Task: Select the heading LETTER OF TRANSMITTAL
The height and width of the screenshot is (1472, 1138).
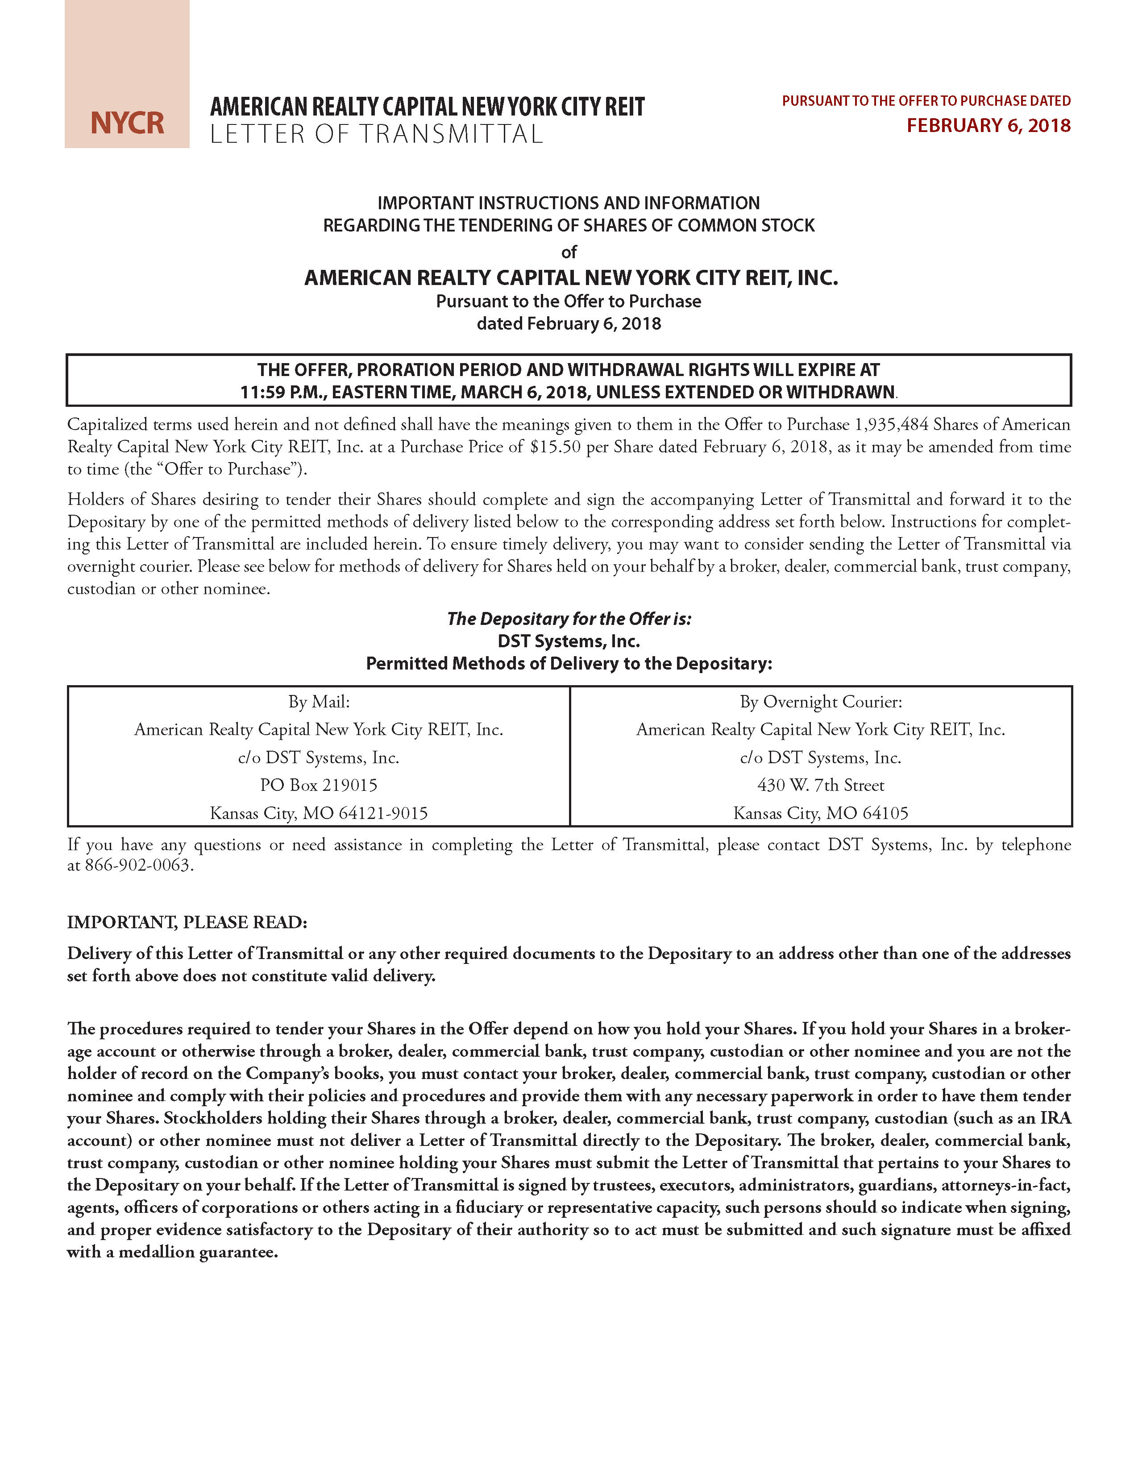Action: tap(376, 134)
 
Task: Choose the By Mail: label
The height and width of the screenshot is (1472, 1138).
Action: tap(319, 702)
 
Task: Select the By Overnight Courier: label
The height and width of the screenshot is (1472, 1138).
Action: tap(820, 702)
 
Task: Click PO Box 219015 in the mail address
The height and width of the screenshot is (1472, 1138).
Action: tap(319, 785)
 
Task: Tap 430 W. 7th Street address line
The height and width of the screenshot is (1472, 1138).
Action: tap(820, 785)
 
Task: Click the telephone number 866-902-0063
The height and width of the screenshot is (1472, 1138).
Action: tap(138, 865)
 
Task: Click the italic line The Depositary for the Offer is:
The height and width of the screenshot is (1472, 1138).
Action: tap(569, 619)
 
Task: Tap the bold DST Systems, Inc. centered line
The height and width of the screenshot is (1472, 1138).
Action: tap(569, 641)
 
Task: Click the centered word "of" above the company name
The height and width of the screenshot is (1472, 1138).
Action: tap(569, 252)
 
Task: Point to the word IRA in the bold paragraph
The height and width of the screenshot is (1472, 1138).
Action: tap(1055, 1118)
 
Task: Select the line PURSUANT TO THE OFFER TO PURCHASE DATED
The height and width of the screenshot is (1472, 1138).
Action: tap(926, 101)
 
